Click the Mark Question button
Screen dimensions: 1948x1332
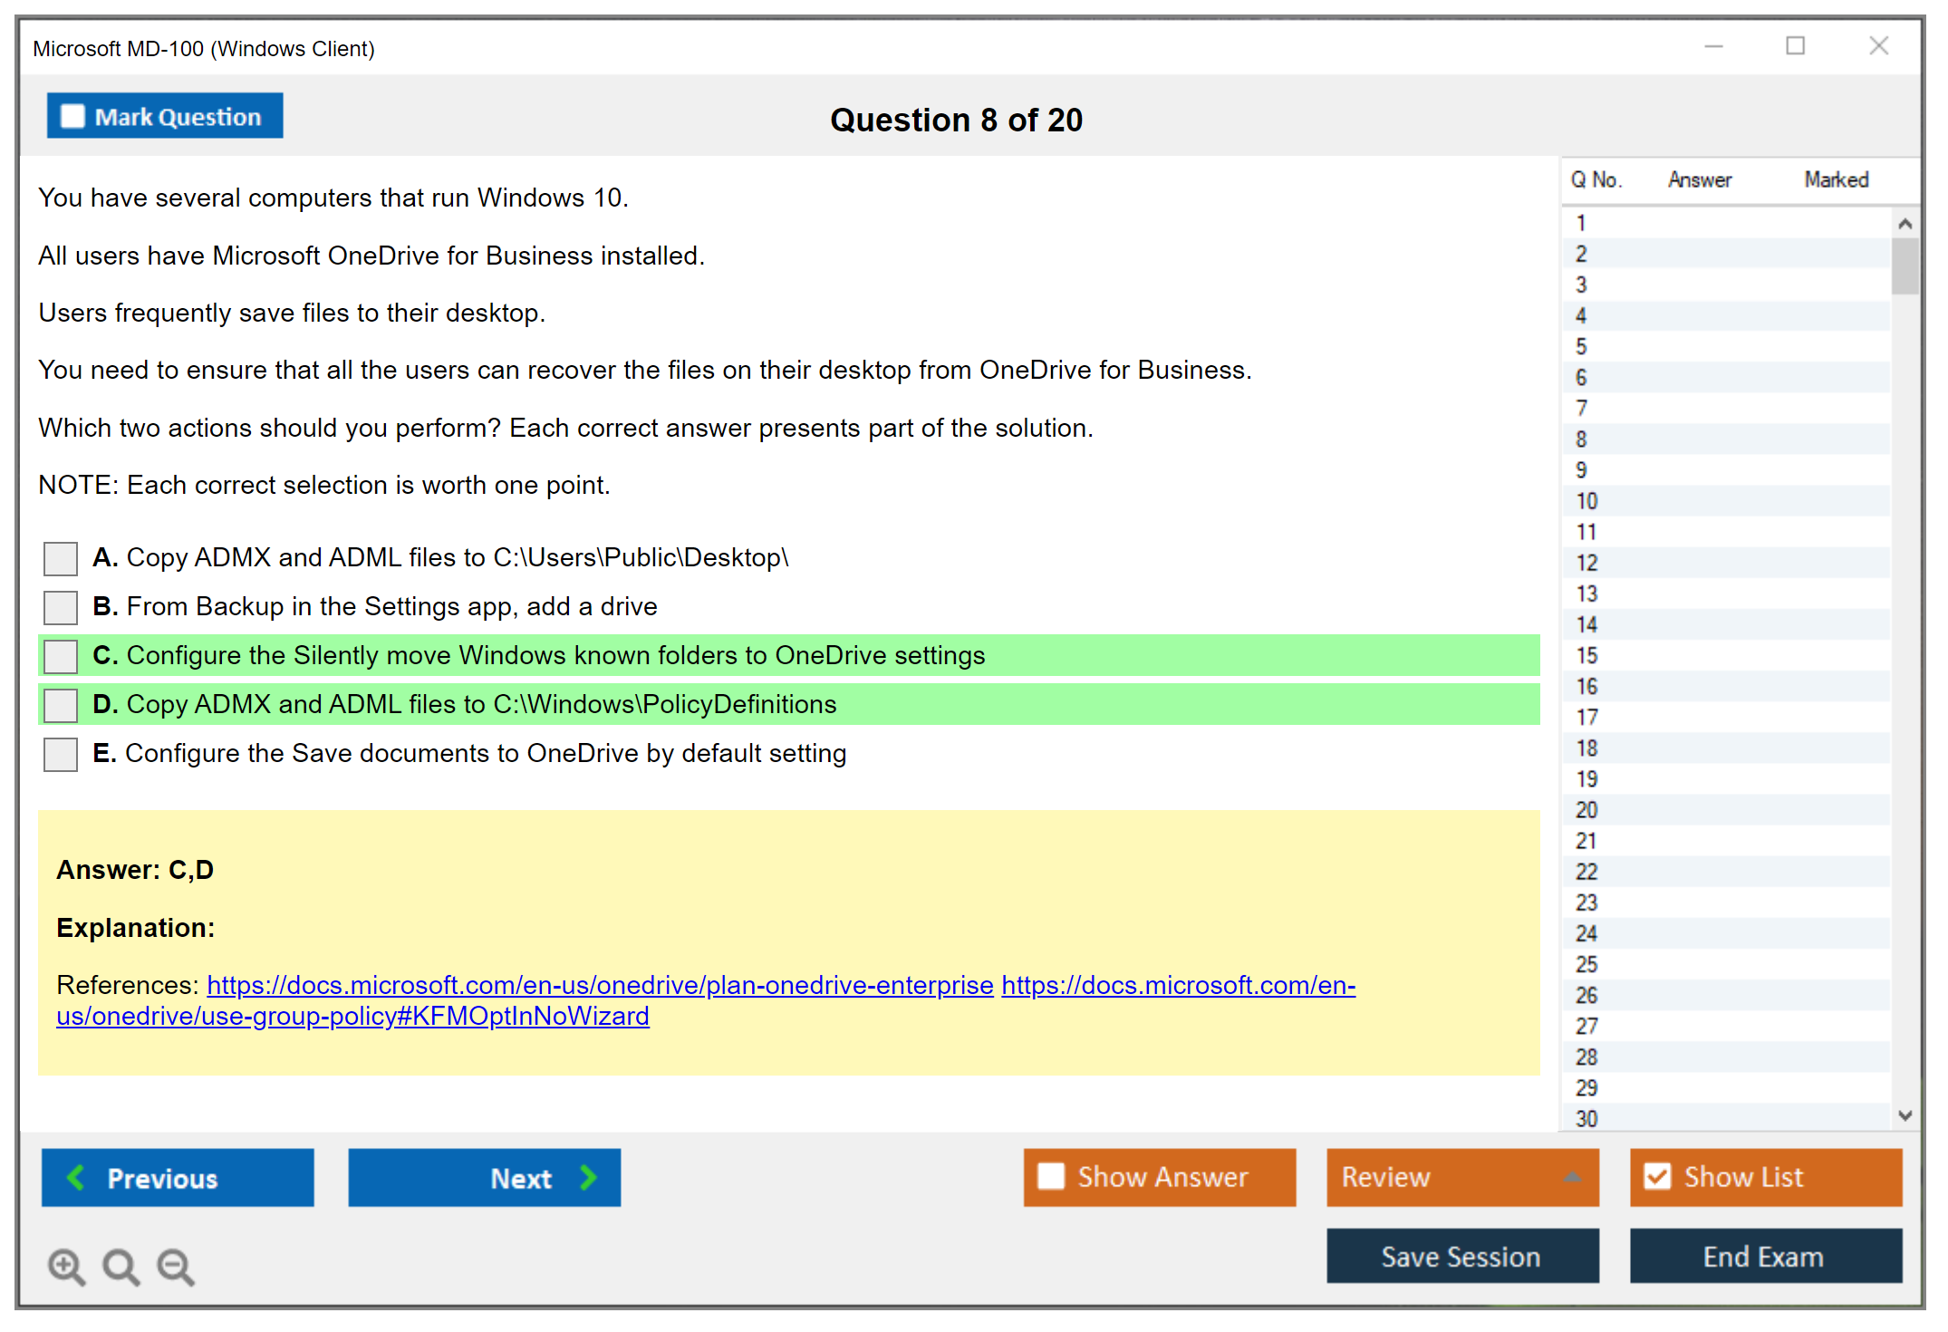pos(165,116)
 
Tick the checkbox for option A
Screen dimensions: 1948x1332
pos(61,558)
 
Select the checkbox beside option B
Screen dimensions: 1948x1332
pos(61,607)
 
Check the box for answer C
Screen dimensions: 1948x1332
pos(61,656)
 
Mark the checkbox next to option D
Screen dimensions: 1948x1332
pos(61,705)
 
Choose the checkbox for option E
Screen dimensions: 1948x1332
pos(61,754)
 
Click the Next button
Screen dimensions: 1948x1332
pos(485,1177)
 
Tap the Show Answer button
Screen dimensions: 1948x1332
pos(1160,1177)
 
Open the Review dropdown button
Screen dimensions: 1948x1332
pos(1463,1177)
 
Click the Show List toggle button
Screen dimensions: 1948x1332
pos(1766,1177)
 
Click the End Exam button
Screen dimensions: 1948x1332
pos(1766,1256)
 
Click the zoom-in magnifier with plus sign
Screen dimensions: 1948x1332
pos(67,1267)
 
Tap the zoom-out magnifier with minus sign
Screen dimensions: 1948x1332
pos(176,1267)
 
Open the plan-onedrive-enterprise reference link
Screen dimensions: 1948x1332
pos(600,985)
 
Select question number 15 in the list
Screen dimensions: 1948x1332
pos(1586,655)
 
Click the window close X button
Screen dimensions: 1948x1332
pos(1878,45)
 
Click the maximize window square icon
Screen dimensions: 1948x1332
pos(1795,45)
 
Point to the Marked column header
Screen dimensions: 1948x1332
pos(1836,179)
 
